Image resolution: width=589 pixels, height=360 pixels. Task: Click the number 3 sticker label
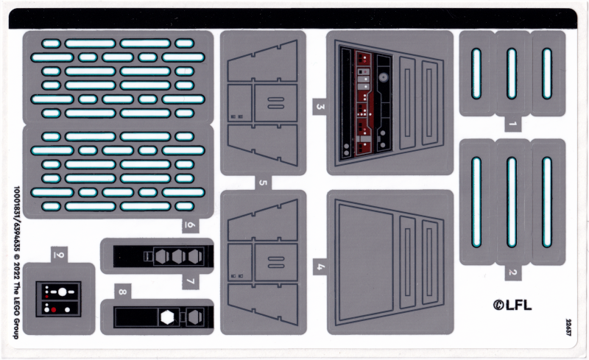[320, 107]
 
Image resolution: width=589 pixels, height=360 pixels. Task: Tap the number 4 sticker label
[320, 267]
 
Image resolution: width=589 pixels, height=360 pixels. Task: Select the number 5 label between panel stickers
[263, 182]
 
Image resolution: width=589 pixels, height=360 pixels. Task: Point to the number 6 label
[189, 226]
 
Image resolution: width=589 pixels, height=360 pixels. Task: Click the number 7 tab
[189, 281]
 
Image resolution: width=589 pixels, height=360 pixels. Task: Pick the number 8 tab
[122, 292]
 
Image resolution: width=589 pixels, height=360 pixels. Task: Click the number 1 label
[512, 124]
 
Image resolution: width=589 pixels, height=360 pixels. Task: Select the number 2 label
[512, 272]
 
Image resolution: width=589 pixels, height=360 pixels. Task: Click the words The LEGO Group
[16, 309]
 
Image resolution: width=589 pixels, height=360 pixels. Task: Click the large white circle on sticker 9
[63, 292]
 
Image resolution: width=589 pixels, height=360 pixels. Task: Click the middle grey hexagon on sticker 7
[179, 256]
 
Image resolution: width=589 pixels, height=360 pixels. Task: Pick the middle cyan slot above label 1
[512, 74]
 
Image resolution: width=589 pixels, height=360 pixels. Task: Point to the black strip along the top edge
[294, 18]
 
